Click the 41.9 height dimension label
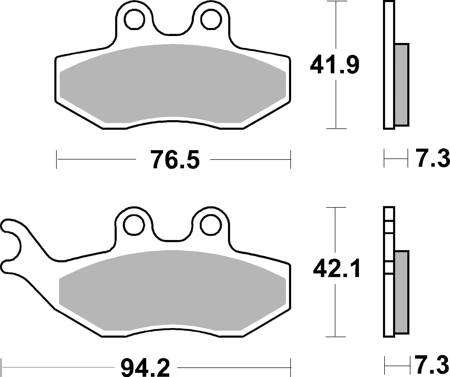tap(335, 65)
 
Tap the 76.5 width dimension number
tap(176, 160)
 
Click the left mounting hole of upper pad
tap(134, 19)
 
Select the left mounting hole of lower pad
tap(134, 225)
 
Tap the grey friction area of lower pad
tap(173, 290)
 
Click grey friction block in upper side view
tap(402, 85)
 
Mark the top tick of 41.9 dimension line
tap(336, 1)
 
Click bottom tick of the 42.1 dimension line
tap(336, 337)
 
